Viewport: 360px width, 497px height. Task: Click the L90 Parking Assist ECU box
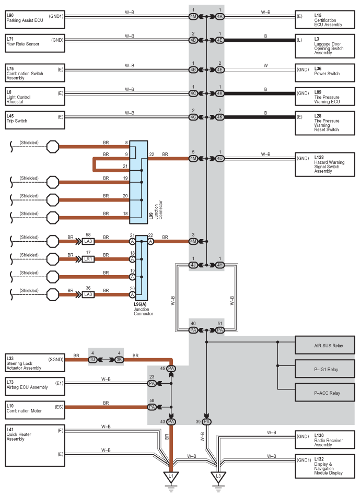click(35, 20)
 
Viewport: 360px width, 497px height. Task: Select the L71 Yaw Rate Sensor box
click(35, 43)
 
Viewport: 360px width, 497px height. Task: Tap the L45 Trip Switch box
click(35, 120)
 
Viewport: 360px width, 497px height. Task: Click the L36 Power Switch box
click(325, 73)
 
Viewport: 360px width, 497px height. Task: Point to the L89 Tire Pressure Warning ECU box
click(325, 97)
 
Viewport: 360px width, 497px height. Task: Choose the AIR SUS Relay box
click(325, 345)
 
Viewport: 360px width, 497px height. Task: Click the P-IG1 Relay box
click(325, 369)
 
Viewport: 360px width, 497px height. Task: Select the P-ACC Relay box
click(325, 393)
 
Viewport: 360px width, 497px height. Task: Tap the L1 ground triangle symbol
click(171, 477)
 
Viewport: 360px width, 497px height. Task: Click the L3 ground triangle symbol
click(218, 477)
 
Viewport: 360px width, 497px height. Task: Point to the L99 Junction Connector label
click(156, 210)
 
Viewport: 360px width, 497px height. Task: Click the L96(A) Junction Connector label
click(143, 309)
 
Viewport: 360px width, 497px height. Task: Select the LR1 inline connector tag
click(88, 259)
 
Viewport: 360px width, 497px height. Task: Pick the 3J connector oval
click(92, 359)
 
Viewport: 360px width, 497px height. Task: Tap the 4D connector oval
click(220, 158)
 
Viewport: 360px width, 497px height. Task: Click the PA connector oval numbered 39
click(206, 422)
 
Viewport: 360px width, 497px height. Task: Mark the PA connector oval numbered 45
click(171, 369)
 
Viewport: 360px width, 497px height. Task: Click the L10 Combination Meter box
click(35, 410)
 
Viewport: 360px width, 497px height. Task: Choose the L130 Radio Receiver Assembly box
click(325, 440)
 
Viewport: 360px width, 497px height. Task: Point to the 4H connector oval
click(220, 265)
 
